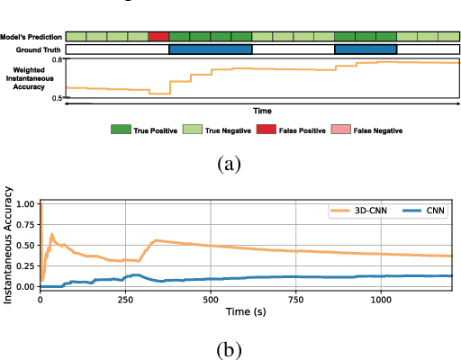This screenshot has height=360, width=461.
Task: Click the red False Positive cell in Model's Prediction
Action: [x=158, y=36]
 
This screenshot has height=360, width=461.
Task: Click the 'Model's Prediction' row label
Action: [x=31, y=37]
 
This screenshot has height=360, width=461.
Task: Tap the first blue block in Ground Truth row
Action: [x=211, y=49]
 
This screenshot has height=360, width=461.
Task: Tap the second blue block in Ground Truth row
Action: [x=366, y=49]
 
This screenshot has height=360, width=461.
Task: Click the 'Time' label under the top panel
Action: [x=262, y=110]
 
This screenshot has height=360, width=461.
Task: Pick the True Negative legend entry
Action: [x=215, y=130]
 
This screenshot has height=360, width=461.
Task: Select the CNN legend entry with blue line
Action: [x=419, y=211]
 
